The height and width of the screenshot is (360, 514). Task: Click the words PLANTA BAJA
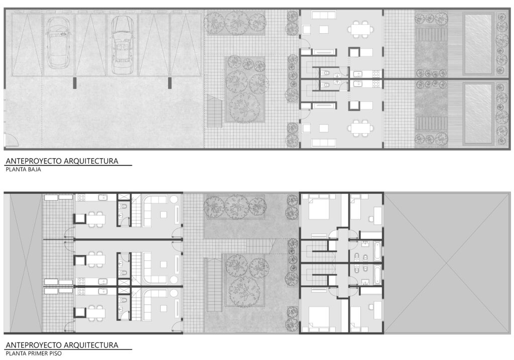click(x=23, y=170)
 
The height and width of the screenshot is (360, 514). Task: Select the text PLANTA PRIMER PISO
click(x=34, y=353)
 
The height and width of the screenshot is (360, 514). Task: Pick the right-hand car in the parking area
click(x=121, y=45)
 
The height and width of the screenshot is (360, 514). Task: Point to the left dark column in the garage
click(x=74, y=83)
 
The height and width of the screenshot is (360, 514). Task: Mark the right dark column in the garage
click(x=170, y=83)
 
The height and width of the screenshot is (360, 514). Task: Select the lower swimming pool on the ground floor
click(x=478, y=113)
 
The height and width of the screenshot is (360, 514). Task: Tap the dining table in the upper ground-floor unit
click(x=360, y=28)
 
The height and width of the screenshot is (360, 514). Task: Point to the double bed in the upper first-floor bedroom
click(x=319, y=207)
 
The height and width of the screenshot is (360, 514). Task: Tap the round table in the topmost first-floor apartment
click(x=173, y=200)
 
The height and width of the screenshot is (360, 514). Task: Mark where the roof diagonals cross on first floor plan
click(x=447, y=263)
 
